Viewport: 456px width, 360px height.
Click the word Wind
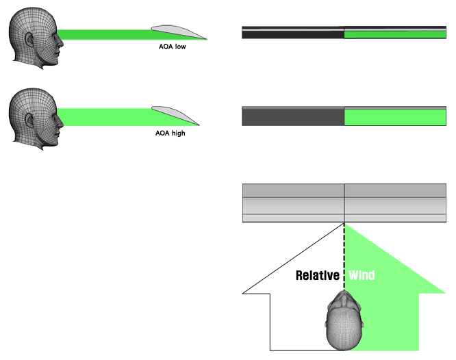coord(362,276)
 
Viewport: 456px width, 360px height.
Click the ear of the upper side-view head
coord(29,43)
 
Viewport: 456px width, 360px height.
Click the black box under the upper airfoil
coord(172,47)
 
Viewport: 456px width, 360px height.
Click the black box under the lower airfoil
coord(170,133)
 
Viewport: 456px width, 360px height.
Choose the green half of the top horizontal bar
coord(395,34)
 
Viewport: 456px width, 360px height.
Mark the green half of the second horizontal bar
coord(395,117)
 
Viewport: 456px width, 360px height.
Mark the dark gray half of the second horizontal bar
coord(293,117)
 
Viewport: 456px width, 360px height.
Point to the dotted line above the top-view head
coord(344,253)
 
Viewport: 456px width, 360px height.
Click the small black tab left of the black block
coord(246,290)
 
